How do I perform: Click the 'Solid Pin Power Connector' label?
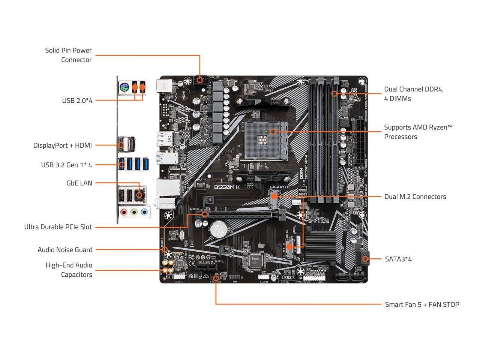coord(68,55)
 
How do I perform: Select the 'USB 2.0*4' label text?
coord(77,100)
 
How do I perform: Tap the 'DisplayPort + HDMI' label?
coord(62,145)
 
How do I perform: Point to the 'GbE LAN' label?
coord(79,183)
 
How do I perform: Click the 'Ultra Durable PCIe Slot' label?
coord(58,227)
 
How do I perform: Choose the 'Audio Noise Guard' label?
coord(65,250)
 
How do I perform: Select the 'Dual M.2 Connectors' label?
coord(415,196)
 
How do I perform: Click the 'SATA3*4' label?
coord(398,259)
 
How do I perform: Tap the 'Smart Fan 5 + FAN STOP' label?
coord(422,304)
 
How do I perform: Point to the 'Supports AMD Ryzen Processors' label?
coord(418,132)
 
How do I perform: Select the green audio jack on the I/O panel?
coord(134,212)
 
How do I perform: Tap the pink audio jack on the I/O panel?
coord(124,212)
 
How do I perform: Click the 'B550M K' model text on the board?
coord(227,187)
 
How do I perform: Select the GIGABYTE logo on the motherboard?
coord(279,187)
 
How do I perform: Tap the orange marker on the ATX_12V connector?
coord(200,80)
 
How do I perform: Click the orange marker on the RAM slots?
coord(334,93)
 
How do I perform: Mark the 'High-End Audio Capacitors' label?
coord(69,270)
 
